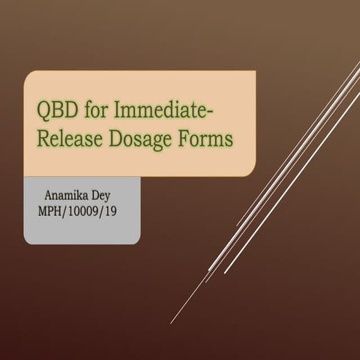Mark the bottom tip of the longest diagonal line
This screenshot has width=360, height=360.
(171, 323)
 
